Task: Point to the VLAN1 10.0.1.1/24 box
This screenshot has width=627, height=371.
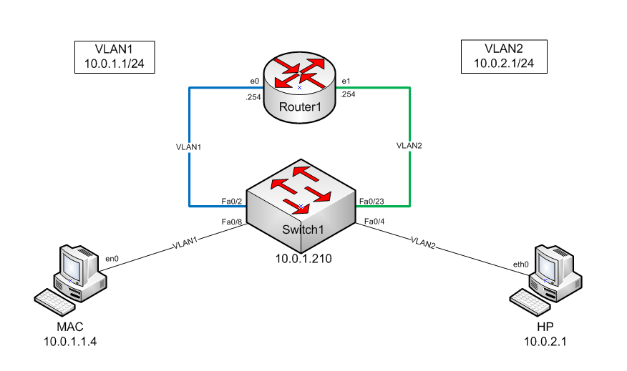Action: pos(115,56)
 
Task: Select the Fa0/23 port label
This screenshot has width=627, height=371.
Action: pos(371,202)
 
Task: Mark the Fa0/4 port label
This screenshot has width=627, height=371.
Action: pos(374,222)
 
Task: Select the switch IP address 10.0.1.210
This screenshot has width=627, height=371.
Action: pos(301,258)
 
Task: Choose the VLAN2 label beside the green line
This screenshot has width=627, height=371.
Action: pos(410,145)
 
